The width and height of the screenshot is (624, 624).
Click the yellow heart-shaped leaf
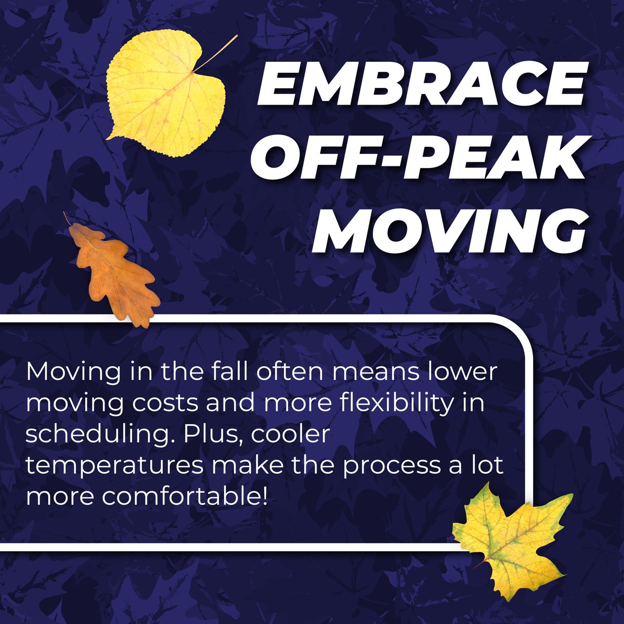pyautogui.click(x=163, y=99)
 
